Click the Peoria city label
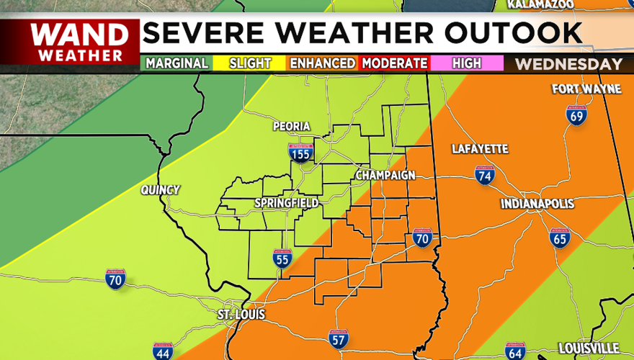click(292, 127)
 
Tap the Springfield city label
click(286, 204)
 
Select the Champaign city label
click(385, 176)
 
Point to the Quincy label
click(161, 190)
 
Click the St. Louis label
click(241, 315)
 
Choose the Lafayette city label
click(480, 149)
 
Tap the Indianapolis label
click(537, 204)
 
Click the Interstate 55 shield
click(282, 258)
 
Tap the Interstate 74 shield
click(485, 175)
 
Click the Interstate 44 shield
click(163, 351)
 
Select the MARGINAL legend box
click(177, 63)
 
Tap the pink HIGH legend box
click(467, 63)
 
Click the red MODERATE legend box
click(394, 63)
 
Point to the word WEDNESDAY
click(569, 64)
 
